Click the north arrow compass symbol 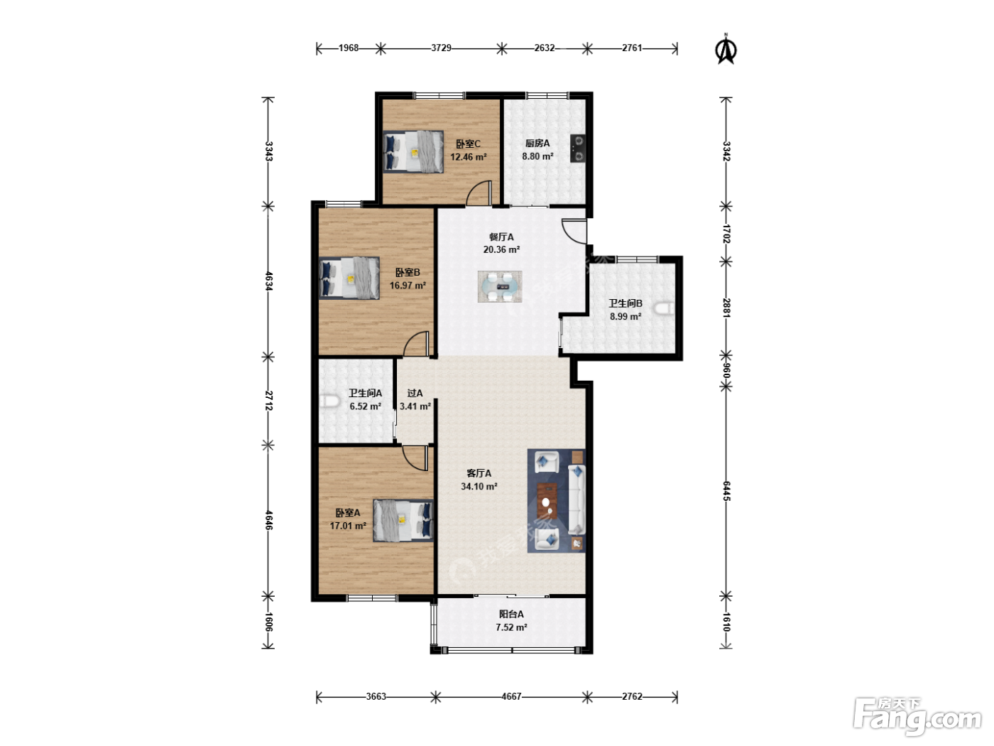726,49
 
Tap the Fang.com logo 917,716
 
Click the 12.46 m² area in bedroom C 468,157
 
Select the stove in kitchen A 577,148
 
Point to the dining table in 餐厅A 500,286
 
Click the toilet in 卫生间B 664,309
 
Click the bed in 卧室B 349,278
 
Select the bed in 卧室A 403,521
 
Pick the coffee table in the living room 547,500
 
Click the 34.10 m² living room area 479,487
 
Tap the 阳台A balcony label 511,614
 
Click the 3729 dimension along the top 441,48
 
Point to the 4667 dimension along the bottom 511,697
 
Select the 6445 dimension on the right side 726,492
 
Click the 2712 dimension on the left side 268,401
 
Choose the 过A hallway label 415,393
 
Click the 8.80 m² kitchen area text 537,156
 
